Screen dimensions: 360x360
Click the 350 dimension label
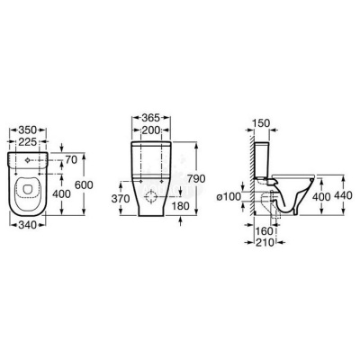[x=28, y=130]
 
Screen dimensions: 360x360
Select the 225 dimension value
[x=28, y=141]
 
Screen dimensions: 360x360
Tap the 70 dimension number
[x=71, y=160]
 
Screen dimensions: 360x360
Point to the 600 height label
[x=84, y=184]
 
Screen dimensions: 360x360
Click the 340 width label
[x=27, y=224]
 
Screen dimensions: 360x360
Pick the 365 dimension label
[x=151, y=118]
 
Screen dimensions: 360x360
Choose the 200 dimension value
[x=152, y=130]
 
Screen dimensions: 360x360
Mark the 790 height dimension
[x=196, y=179]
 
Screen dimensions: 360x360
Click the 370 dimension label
[x=121, y=199]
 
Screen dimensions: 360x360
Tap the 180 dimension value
[x=181, y=206]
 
